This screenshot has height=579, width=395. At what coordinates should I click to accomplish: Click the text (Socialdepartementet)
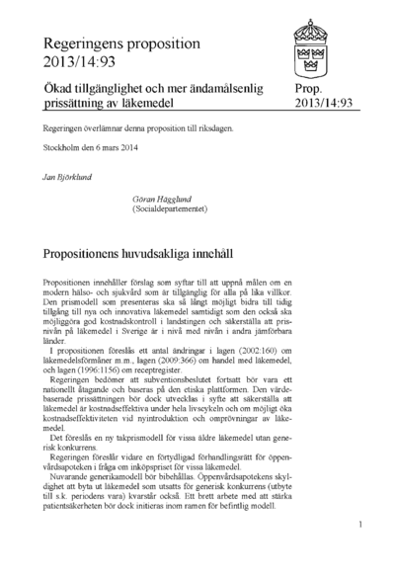point(168,207)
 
